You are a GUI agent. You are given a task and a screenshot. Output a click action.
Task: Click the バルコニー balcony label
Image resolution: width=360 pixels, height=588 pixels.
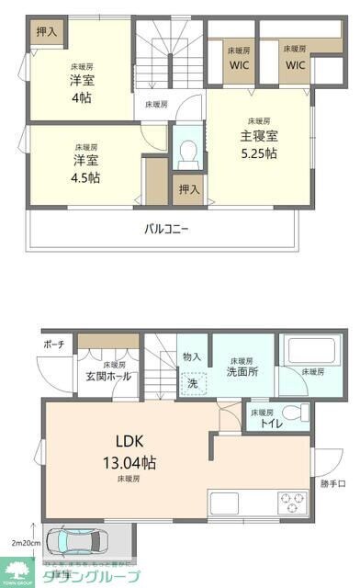(166, 228)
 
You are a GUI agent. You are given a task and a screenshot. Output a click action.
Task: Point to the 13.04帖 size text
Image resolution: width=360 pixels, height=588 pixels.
(129, 462)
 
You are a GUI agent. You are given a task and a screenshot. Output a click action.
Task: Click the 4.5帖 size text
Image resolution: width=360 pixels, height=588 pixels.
(87, 176)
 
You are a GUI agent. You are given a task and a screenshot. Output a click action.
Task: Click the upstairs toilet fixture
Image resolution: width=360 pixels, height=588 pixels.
(187, 150)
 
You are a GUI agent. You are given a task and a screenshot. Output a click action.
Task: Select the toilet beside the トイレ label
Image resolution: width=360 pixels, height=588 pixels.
(293, 413)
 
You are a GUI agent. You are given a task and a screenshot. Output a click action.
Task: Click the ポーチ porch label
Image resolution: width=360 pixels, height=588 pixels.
(53, 345)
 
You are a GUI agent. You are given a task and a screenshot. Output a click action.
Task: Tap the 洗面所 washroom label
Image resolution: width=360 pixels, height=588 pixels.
(242, 372)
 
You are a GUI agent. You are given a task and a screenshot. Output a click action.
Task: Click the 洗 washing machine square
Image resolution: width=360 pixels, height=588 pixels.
(193, 383)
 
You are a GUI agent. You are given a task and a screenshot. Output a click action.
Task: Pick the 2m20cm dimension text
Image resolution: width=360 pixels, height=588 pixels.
(24, 542)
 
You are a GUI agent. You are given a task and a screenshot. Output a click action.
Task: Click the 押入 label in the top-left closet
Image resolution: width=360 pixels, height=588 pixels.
(46, 31)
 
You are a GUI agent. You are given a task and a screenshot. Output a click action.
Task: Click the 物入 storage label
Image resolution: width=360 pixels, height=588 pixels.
(192, 356)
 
